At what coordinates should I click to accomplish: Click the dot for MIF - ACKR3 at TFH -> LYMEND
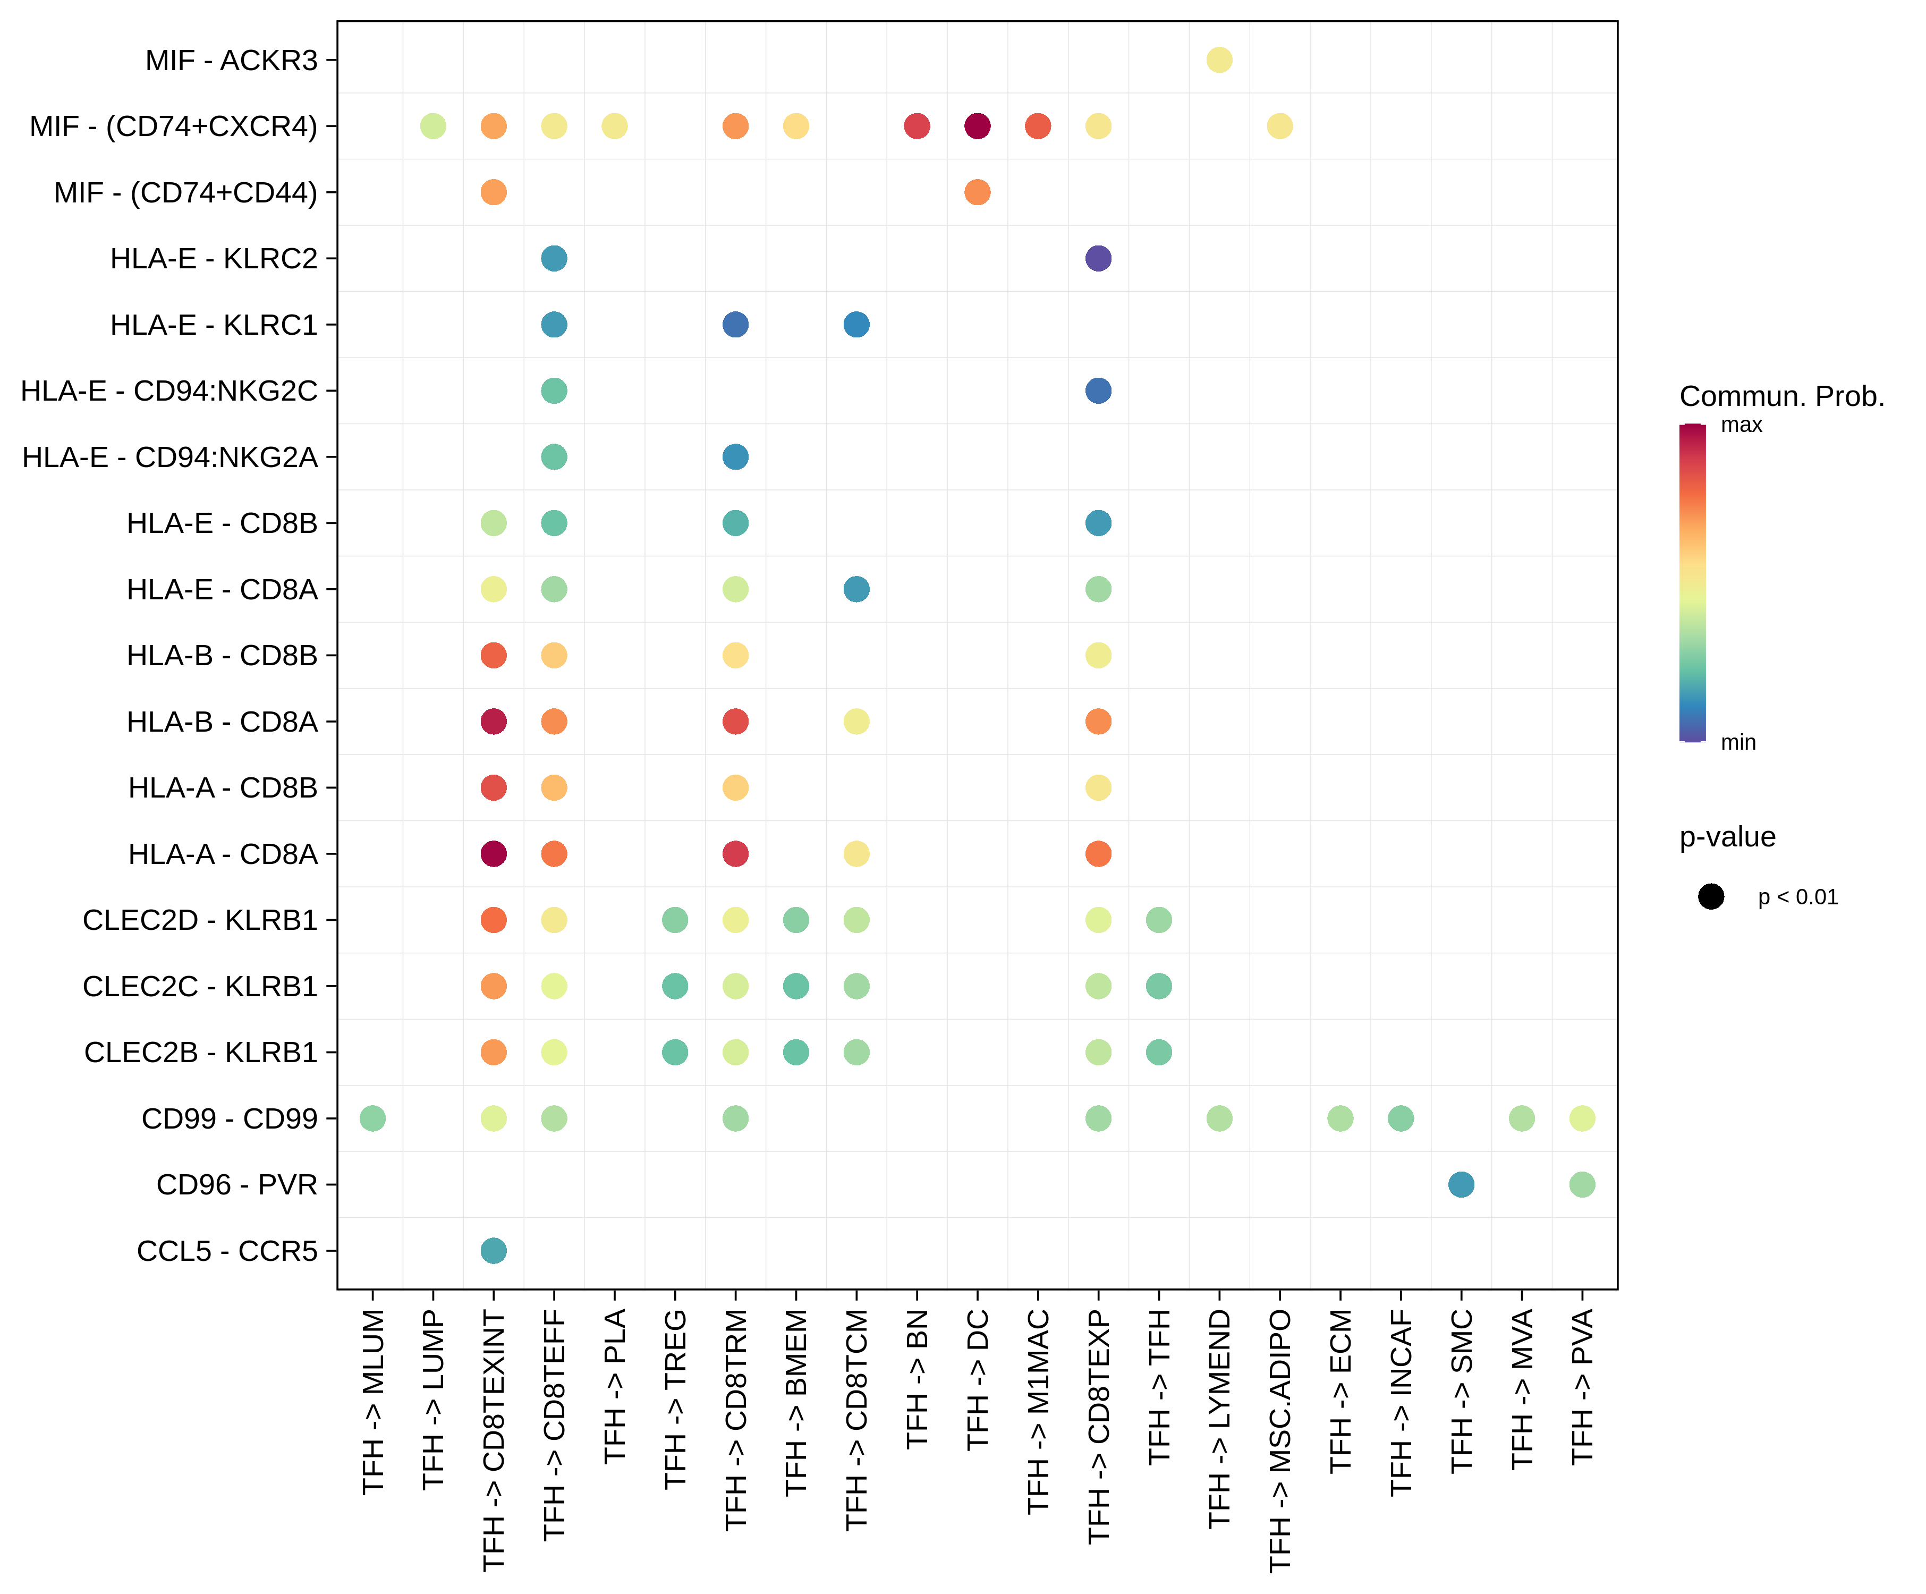coord(1219,60)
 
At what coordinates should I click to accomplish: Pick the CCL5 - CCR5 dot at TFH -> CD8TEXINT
coord(494,1250)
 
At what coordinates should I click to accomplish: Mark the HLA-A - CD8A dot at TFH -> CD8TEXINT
coord(494,854)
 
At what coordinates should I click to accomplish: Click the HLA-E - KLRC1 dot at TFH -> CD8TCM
coord(856,325)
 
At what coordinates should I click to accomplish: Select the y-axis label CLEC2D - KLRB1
coord(200,920)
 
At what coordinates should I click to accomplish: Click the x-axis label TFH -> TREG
coord(675,1398)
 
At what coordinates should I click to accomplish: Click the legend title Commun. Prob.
coord(1781,396)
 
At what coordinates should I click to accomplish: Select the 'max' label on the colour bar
coord(1741,425)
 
